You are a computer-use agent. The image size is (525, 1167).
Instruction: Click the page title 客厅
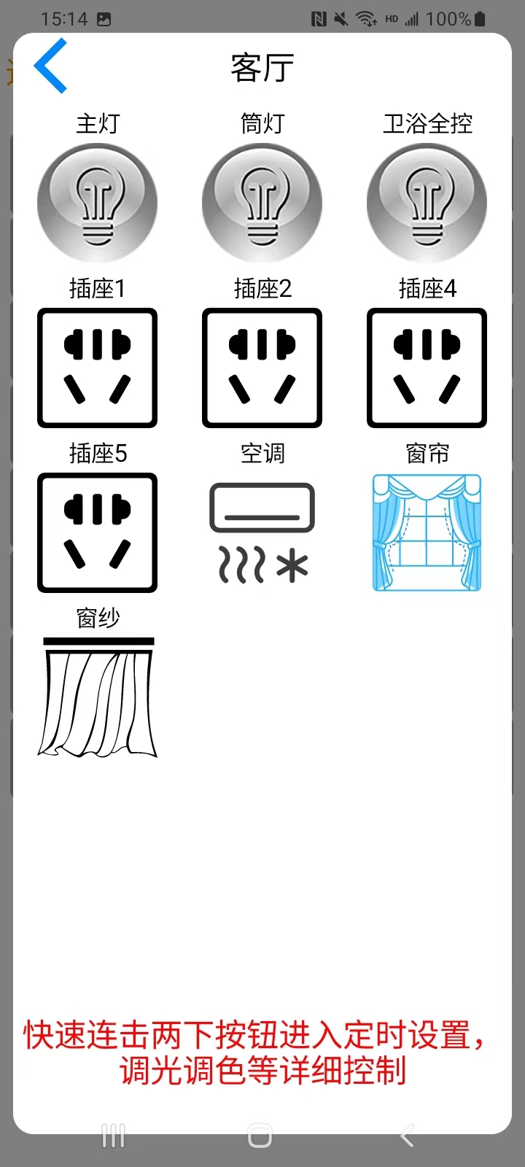click(x=262, y=68)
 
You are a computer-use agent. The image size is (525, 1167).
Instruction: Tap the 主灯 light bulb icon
click(x=98, y=203)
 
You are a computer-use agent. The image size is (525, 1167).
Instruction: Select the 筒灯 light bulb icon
click(x=262, y=203)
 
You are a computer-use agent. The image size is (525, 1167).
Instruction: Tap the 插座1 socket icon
click(x=98, y=368)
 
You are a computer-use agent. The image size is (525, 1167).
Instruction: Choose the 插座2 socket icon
click(x=262, y=368)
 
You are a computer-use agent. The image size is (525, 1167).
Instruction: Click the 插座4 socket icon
click(x=427, y=368)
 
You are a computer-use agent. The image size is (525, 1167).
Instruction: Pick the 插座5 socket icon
click(x=98, y=532)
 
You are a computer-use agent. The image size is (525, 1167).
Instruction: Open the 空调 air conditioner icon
click(x=262, y=532)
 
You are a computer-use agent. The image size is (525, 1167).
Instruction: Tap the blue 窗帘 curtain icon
click(x=427, y=532)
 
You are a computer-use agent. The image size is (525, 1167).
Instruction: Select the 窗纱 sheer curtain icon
click(x=98, y=697)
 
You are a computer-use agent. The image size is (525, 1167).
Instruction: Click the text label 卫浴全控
click(x=427, y=124)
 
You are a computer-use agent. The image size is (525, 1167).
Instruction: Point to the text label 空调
click(x=262, y=453)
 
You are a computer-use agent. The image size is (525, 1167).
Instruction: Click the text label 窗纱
click(x=98, y=618)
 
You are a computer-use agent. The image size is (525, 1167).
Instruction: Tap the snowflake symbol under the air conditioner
click(x=292, y=565)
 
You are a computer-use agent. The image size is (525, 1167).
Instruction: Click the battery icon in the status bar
click(x=481, y=19)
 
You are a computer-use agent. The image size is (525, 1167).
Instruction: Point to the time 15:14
click(x=64, y=19)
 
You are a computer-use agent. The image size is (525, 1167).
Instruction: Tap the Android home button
click(x=260, y=1136)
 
